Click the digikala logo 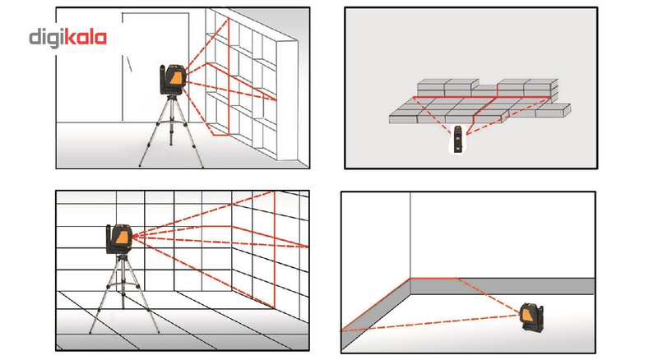coord(67,38)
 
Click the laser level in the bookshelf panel coord(172,79)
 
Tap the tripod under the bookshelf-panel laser coord(171,131)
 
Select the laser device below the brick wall coord(458,138)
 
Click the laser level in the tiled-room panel coord(119,238)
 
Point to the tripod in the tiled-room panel coord(123,293)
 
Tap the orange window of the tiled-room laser coord(123,238)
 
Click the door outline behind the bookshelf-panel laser coord(155,67)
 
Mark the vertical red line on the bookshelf coord(229,76)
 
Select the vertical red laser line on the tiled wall coord(275,249)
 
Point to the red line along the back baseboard coord(433,278)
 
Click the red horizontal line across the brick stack coord(482,97)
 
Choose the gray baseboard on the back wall coord(503,286)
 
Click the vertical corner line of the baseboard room coord(410,235)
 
